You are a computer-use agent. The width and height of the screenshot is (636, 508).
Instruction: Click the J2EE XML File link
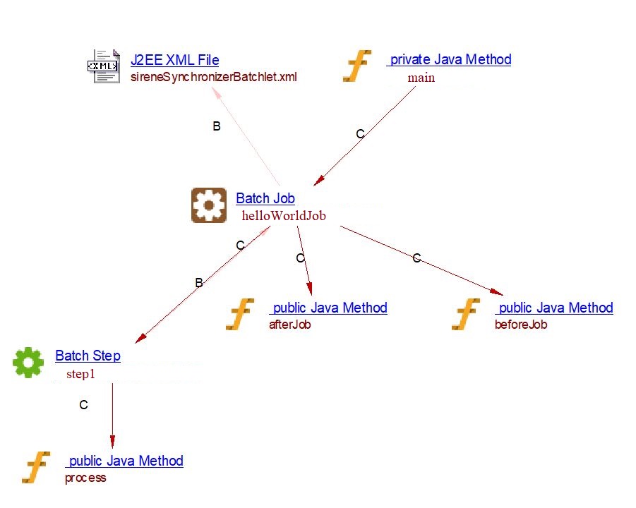point(174,61)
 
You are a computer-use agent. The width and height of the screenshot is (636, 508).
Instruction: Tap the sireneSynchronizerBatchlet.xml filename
point(214,77)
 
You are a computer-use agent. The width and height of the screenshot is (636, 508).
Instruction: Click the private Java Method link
point(449,60)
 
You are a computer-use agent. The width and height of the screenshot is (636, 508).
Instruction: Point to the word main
point(421,78)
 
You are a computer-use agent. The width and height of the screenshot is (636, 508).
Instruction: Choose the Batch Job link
point(265,199)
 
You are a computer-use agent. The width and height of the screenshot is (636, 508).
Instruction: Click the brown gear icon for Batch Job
point(209,206)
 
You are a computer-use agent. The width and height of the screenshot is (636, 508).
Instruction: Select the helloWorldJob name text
point(284,216)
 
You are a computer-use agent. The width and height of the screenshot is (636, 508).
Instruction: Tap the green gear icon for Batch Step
point(28,363)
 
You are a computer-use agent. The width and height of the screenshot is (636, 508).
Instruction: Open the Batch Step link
point(88,356)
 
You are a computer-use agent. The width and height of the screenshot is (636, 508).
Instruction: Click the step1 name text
point(80,374)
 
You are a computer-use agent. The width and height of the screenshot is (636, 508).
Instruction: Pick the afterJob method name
point(289,325)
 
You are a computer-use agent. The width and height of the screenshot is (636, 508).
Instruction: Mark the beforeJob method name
point(521,325)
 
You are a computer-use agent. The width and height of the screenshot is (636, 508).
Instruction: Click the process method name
point(85,478)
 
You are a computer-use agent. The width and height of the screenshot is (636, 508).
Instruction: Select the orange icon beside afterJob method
point(240,314)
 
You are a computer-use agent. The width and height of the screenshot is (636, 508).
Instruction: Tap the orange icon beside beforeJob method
point(466,314)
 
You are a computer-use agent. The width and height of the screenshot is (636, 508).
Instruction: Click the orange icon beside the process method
point(36,467)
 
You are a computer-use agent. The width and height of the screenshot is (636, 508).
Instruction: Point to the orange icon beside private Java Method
point(357,66)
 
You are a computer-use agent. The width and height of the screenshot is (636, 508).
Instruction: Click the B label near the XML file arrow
point(217,126)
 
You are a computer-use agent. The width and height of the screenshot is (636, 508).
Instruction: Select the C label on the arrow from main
point(360,134)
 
